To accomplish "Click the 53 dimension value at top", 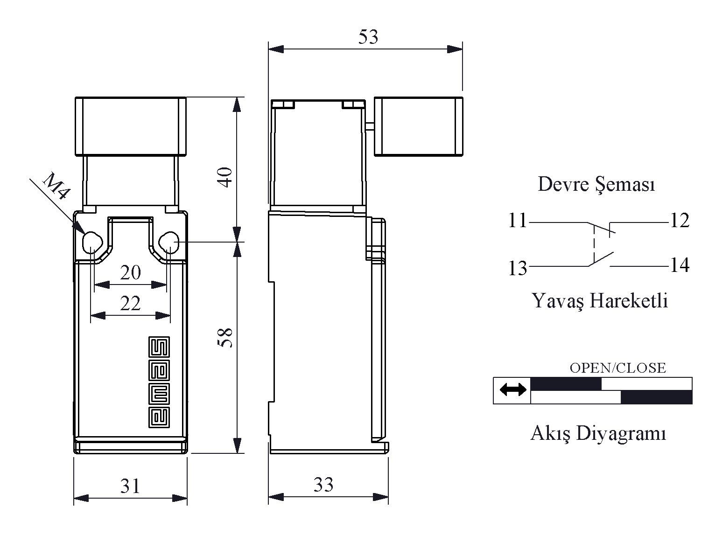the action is [x=368, y=37].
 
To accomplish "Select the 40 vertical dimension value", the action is [x=225, y=177].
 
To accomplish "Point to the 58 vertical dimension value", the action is [x=225, y=338].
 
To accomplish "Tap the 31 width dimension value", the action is [x=130, y=486].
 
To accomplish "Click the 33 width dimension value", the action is [x=323, y=485].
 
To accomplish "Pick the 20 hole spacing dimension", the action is [x=130, y=272].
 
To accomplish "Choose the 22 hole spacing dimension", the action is [x=130, y=303].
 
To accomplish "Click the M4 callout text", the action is [x=56, y=186].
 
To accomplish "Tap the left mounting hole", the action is [x=92, y=243].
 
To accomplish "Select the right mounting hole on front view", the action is [x=169, y=243].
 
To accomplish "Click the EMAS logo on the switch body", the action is [x=159, y=382].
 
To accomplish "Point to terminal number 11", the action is [x=518, y=220].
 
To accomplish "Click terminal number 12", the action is [x=680, y=220].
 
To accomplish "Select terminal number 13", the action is [x=518, y=268].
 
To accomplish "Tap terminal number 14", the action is [x=680, y=265].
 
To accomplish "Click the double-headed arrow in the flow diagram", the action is [x=513, y=389].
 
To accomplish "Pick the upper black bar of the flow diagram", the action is [x=566, y=384].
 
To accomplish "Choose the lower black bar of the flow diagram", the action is [x=656, y=397].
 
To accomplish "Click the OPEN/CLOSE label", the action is [x=618, y=368].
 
